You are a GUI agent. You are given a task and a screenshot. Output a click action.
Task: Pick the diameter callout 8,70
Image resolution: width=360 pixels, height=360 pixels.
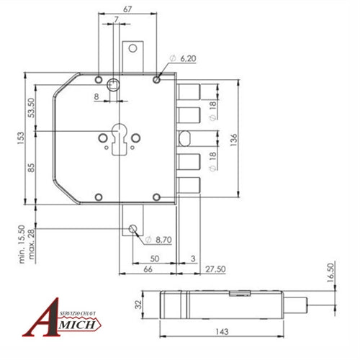click(161, 238)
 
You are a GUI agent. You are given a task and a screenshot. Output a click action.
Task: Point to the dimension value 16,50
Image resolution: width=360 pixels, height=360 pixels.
click(330, 274)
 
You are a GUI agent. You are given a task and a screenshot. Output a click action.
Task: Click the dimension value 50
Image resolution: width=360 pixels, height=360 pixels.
click(155, 258)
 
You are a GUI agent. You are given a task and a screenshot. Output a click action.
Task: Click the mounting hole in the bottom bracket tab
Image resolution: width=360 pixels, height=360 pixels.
click(132, 229)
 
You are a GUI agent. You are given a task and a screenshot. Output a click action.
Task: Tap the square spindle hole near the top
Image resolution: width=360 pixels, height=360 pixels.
click(112, 85)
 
